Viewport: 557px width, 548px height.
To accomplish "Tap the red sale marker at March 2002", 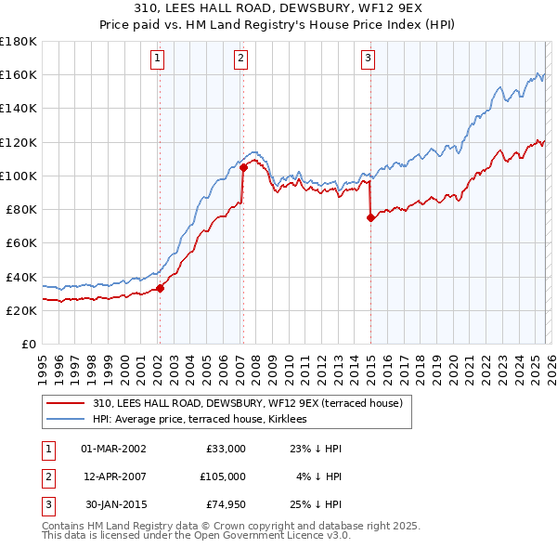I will tap(160, 288).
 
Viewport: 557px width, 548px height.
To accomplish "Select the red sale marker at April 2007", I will tap(243, 168).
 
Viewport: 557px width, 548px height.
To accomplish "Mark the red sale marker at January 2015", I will tap(370, 218).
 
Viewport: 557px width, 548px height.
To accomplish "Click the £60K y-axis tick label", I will tap(20, 243).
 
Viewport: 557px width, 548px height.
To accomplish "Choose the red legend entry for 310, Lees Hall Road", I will tap(247, 403).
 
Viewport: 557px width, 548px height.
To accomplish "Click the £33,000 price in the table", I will tap(226, 448).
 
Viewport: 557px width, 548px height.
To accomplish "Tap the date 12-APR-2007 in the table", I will tap(114, 476).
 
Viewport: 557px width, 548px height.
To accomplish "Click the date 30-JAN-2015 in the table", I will tap(114, 505).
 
